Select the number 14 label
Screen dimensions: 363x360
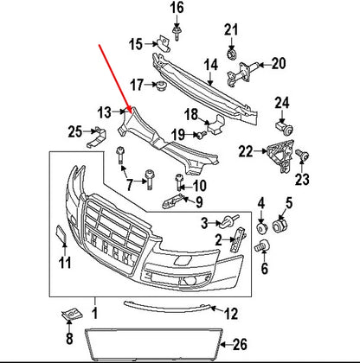tap(211, 65)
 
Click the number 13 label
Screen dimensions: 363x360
tap(104, 111)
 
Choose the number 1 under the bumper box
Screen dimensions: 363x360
tap(94, 309)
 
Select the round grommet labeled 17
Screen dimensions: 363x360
tap(160, 86)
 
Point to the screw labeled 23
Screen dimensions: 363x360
tap(302, 156)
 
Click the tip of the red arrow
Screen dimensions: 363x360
tap(127, 107)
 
